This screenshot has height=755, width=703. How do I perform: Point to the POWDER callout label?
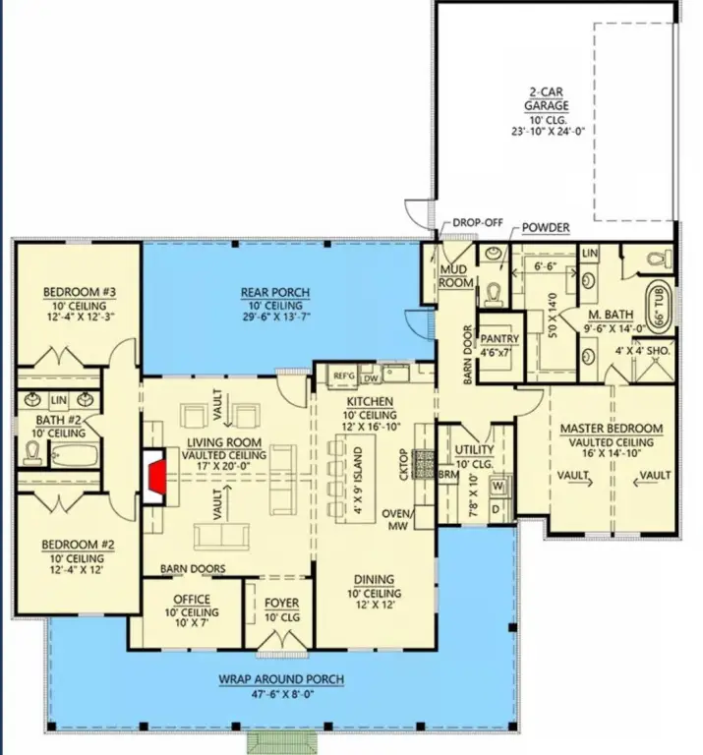[546, 228]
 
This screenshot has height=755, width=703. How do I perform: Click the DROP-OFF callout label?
[478, 223]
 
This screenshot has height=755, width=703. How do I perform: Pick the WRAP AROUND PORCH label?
[276, 679]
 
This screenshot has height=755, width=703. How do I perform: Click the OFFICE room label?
[193, 601]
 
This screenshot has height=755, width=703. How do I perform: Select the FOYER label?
[281, 603]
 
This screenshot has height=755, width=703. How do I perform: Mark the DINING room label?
[374, 581]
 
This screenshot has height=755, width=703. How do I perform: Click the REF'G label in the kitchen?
[343, 376]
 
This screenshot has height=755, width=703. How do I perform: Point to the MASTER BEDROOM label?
[611, 429]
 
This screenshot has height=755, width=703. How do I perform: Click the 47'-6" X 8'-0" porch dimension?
[276, 692]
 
